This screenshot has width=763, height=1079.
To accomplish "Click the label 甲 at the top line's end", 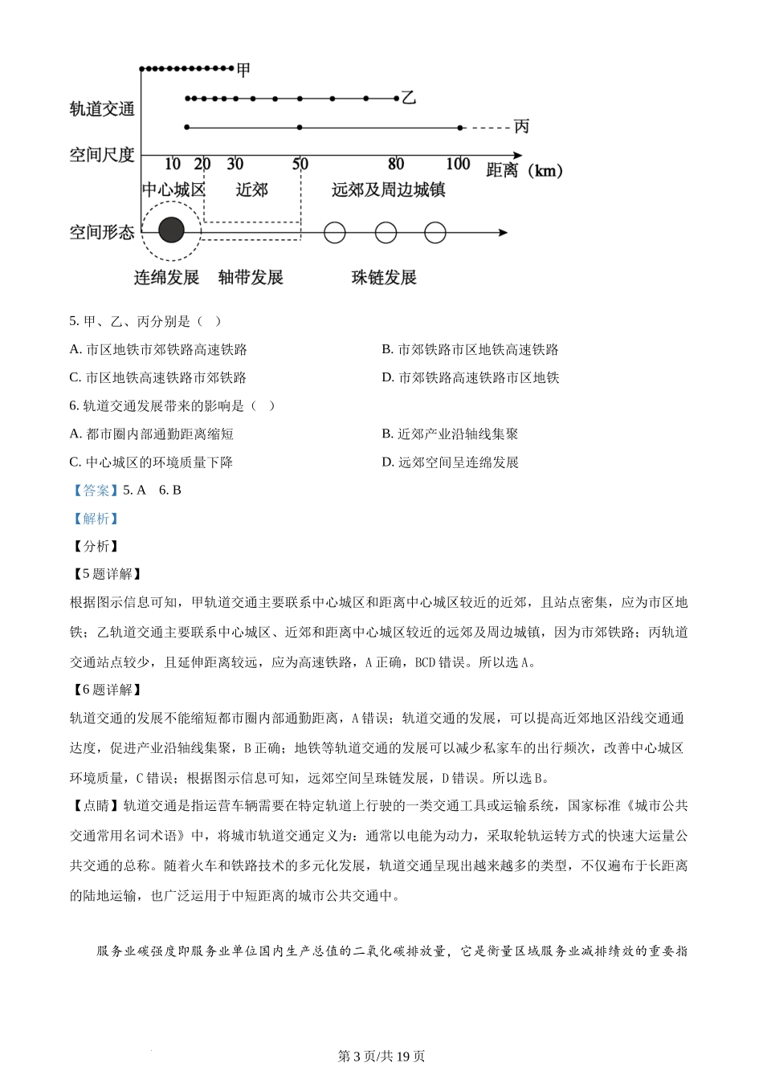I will tap(243, 70).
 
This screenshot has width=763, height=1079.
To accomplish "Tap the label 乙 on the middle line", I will tap(409, 98).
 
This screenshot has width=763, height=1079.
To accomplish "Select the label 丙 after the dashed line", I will tap(521, 126).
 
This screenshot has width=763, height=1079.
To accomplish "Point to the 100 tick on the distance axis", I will tap(458, 164).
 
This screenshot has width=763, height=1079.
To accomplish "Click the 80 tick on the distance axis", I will tap(396, 164).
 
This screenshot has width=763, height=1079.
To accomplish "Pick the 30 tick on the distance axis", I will tap(235, 164).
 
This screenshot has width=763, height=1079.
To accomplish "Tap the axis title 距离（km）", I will tap(524, 170).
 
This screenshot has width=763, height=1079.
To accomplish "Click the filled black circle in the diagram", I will tap(171, 231).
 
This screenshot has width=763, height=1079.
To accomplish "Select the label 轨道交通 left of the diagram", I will tap(102, 109).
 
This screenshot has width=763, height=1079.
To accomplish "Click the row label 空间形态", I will tap(102, 233).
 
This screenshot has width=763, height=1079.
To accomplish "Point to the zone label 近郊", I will tap(251, 190).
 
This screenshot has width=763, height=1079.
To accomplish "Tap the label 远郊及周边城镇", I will tap(388, 190).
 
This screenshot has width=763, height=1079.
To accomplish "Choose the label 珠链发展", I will tap(384, 278).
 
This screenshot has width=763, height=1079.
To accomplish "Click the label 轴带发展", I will tap(251, 278).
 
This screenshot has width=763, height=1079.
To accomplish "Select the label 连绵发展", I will tap(166, 278).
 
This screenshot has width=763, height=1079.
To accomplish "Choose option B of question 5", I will tap(470, 349).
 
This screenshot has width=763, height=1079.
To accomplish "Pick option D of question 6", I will tap(451, 462).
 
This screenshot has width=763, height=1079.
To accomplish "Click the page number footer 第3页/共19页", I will tap(381, 1056).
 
